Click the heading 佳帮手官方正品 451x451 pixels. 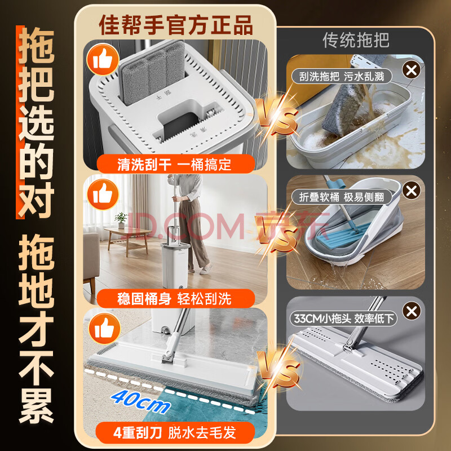176,25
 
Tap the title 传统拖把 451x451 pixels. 356,39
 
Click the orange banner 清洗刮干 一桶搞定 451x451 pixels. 175,164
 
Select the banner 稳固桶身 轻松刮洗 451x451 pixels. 175,298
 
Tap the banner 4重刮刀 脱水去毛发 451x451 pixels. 175,432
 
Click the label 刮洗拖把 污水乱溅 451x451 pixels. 342,77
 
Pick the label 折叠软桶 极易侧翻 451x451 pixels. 342,197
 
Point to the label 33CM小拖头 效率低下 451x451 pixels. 343,319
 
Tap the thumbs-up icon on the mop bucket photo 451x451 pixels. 103,59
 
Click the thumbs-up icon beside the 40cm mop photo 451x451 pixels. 104,328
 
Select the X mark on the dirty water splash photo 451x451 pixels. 412,70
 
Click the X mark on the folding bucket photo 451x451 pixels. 412,190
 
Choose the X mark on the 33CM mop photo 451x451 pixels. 412,311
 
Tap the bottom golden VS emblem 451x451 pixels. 278,369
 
